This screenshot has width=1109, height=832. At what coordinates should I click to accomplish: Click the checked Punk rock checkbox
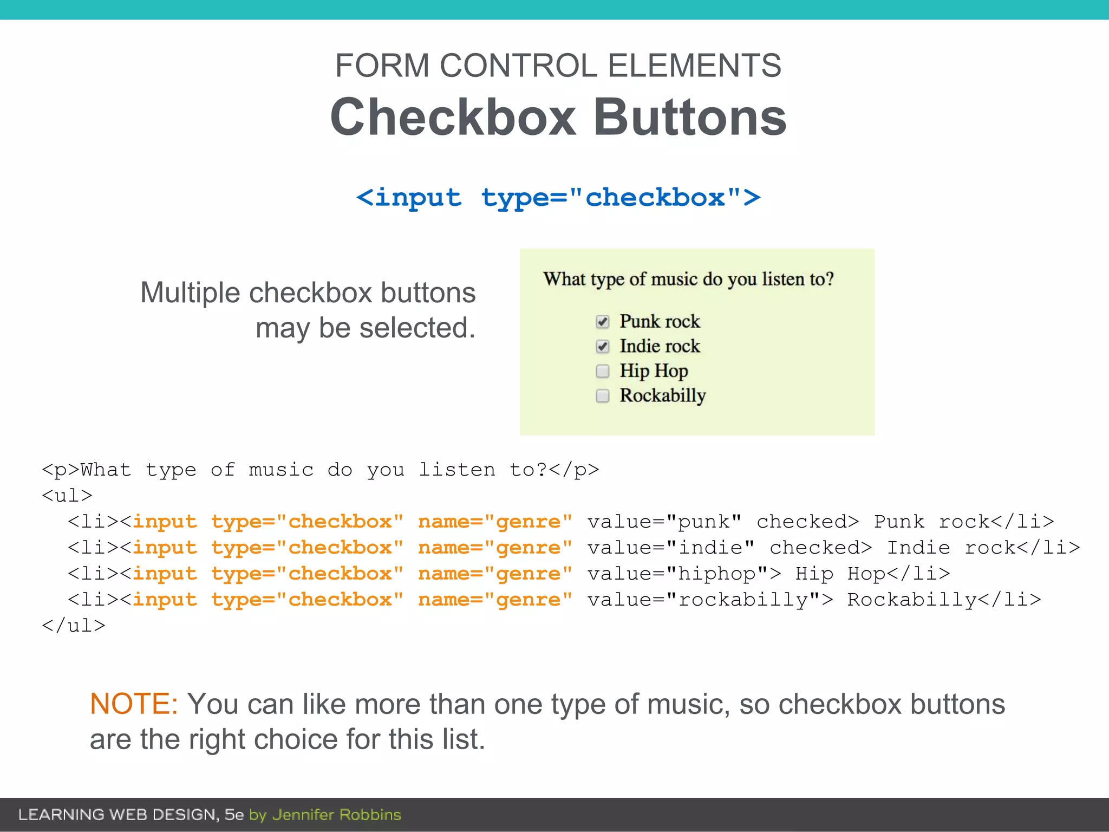pos(602,322)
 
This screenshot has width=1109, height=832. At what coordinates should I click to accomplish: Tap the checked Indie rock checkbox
pos(602,346)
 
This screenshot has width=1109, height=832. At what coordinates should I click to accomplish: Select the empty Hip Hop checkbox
pos(602,371)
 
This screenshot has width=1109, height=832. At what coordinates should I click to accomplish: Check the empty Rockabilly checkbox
pos(602,396)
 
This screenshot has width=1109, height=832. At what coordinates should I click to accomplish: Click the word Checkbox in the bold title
pos(453,118)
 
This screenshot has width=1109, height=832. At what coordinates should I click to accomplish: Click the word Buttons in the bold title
pos(690,118)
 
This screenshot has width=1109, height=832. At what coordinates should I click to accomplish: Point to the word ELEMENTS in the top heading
pos(694,66)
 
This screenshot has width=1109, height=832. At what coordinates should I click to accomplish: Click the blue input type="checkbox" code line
pos(558,197)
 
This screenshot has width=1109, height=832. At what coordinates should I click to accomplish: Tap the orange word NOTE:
pos(133,704)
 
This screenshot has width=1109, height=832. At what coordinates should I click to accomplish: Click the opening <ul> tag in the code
pos(67,496)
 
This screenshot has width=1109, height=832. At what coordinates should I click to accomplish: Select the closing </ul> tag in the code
pos(74,626)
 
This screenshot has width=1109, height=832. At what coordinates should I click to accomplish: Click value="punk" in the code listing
pos(664,522)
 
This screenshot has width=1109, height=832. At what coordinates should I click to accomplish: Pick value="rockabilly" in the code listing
pos(710,600)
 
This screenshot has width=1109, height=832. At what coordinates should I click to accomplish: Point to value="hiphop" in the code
pos(684,574)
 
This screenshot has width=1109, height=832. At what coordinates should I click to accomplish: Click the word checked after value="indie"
pos(820,548)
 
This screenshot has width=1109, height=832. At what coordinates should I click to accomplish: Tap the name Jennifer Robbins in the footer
pos(336,815)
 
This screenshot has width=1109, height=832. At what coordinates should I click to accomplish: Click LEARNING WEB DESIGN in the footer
pos(117,815)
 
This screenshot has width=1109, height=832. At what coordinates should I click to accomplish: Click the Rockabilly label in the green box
pos(662,395)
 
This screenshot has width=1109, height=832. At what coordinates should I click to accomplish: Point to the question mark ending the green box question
pos(829,279)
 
